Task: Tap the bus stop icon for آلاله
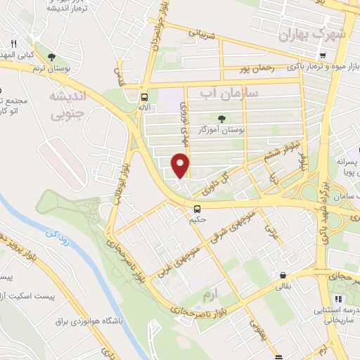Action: point(144,97)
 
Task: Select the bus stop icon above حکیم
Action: point(198,208)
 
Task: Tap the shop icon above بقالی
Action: point(282,275)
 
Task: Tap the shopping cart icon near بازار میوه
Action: point(322,56)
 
